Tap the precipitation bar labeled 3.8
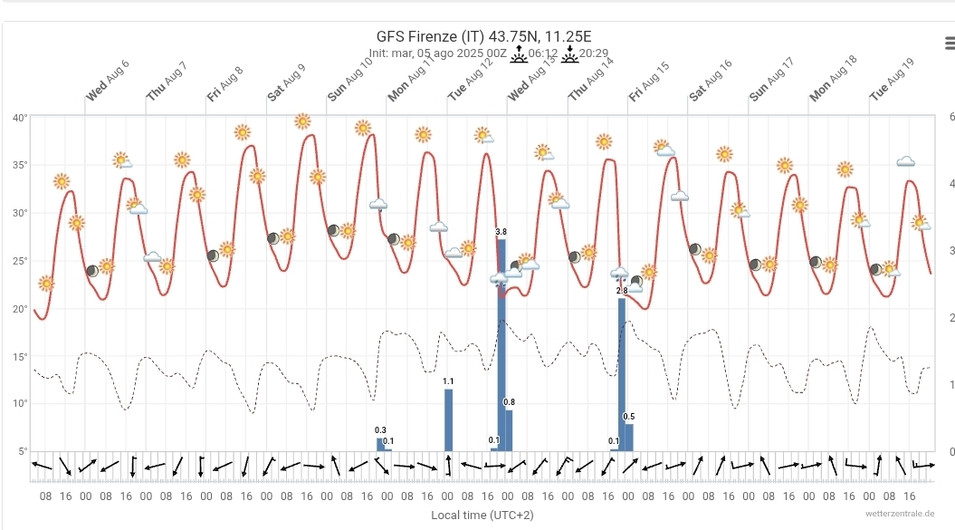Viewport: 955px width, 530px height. coord(501,344)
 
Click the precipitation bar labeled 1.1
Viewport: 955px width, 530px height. coord(448,419)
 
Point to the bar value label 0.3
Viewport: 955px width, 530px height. coord(380,429)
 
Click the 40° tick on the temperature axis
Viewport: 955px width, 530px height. coord(20,118)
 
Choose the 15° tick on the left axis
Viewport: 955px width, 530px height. coord(20,356)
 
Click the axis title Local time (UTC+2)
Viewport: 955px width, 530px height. coord(482,515)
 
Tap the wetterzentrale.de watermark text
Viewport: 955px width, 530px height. coord(905,514)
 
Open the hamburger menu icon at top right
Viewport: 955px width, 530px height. coord(948,43)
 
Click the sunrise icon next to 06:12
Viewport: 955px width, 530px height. coord(519,53)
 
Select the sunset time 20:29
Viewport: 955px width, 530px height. coord(594,53)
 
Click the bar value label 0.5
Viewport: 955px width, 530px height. coord(629,417)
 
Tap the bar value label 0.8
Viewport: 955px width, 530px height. coord(509,402)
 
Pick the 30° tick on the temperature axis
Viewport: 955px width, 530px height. coord(20,213)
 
